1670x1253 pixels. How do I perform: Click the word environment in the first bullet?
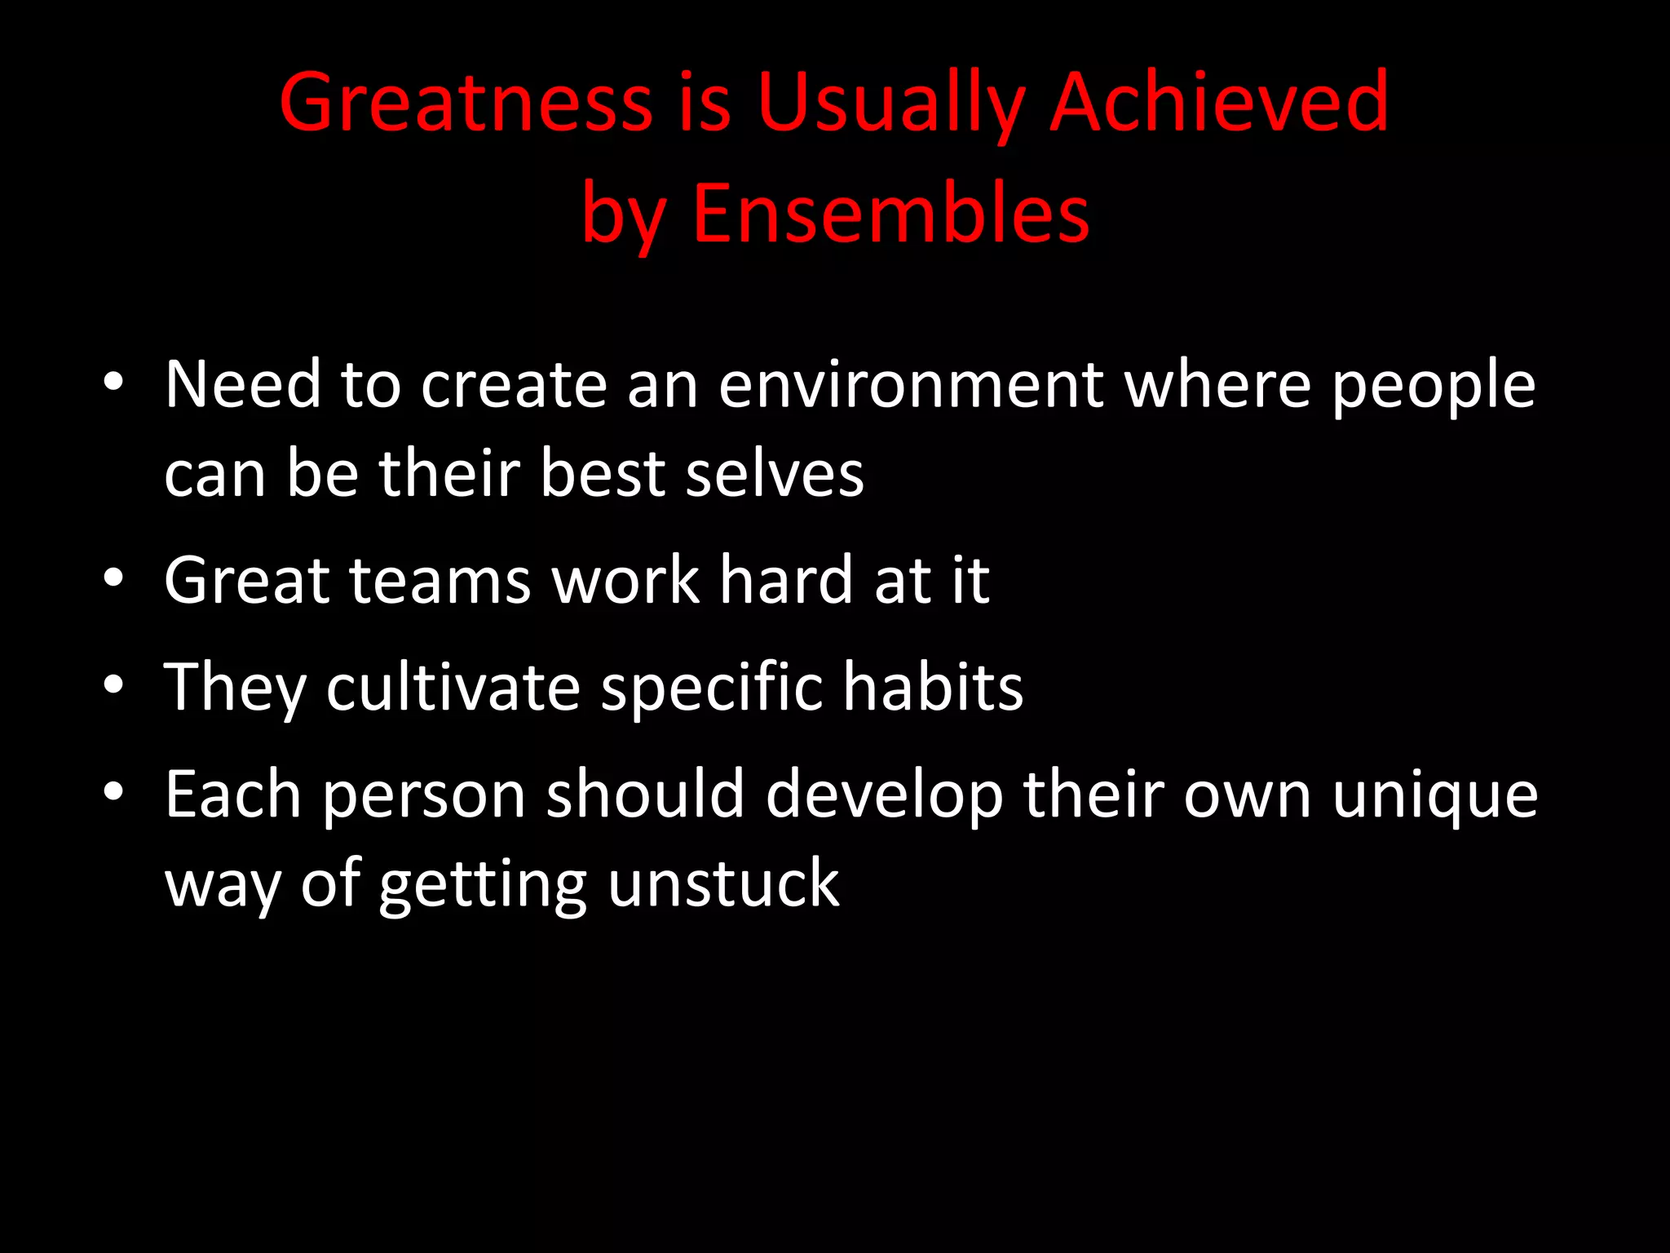pyautogui.click(x=910, y=385)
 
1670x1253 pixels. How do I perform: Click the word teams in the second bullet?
pyautogui.click(x=440, y=581)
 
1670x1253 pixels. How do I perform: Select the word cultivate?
pyautogui.click(x=453, y=687)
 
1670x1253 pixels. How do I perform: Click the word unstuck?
pyautogui.click(x=723, y=884)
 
